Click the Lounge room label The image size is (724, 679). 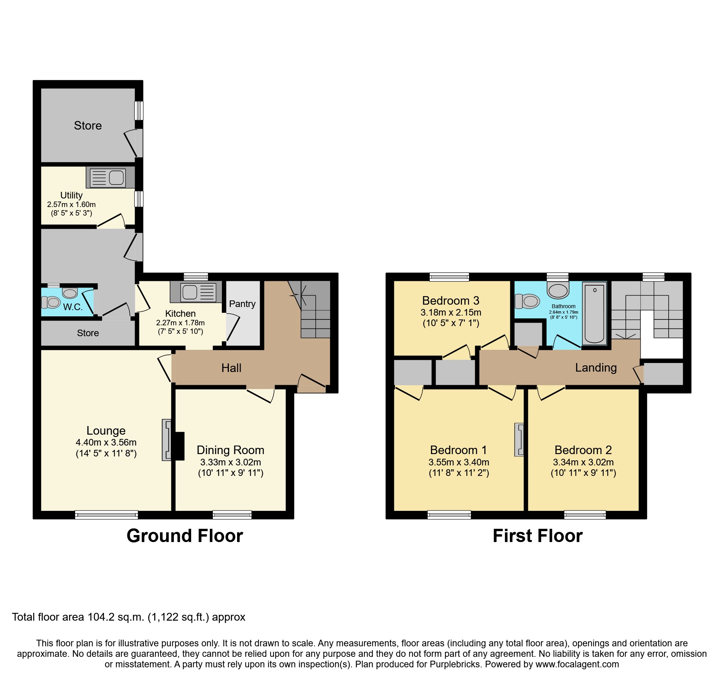(106, 431)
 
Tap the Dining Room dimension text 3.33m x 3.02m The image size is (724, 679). (230, 462)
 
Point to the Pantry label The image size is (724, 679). (242, 304)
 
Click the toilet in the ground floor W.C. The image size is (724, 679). (51, 302)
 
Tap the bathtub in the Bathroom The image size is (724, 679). (594, 313)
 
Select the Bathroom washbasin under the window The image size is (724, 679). (558, 291)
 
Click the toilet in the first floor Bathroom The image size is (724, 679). (528, 301)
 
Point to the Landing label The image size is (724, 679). (596, 368)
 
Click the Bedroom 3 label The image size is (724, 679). (451, 301)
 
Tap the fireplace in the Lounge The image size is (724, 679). (167, 440)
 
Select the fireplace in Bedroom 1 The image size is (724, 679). (519, 440)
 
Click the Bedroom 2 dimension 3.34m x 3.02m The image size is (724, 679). (583, 462)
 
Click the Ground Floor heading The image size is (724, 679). (185, 536)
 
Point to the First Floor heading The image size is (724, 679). (538, 536)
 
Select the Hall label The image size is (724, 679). (231, 368)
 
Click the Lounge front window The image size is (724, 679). (106, 515)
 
